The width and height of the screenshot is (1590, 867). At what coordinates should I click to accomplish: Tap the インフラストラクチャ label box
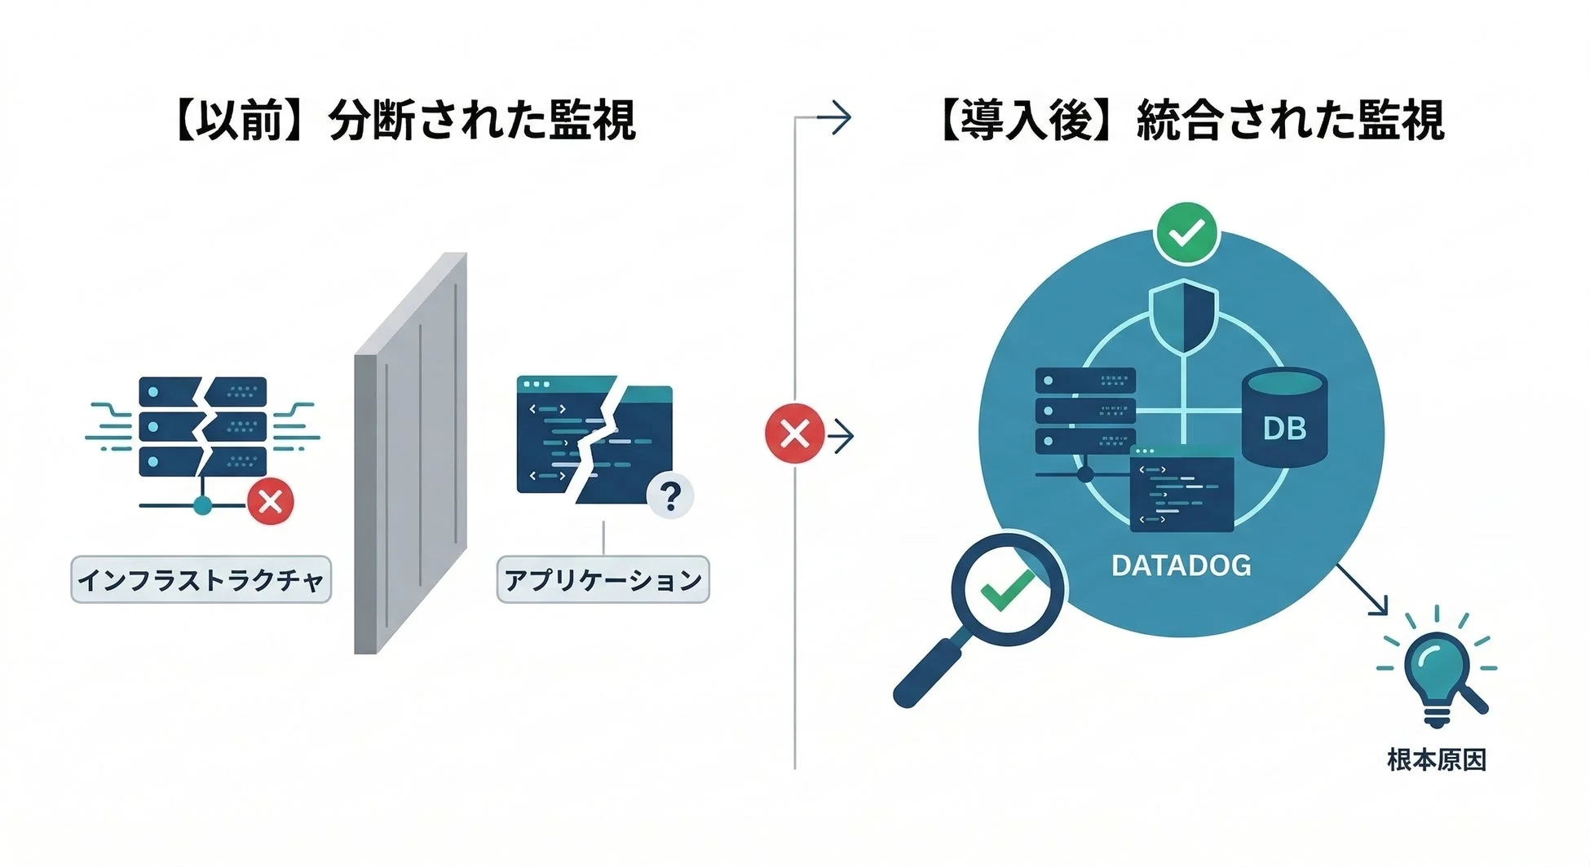tap(201, 580)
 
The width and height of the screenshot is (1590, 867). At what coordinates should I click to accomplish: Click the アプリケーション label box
tap(603, 580)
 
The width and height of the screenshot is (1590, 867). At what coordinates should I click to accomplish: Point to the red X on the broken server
tap(271, 500)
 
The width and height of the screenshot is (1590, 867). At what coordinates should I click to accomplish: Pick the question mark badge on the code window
tap(670, 495)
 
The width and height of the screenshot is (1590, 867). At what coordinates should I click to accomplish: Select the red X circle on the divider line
tap(794, 433)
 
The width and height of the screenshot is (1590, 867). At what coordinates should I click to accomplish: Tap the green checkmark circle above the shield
tap(1186, 234)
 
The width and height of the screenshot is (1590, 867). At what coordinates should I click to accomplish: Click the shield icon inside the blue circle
tap(1183, 315)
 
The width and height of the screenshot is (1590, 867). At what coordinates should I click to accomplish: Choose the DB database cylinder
tap(1284, 417)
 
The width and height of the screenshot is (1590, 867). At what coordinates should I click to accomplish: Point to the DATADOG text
tap(1181, 566)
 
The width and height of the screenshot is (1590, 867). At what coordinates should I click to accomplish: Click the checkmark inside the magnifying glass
tap(1007, 588)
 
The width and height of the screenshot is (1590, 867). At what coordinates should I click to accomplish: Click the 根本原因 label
tap(1437, 760)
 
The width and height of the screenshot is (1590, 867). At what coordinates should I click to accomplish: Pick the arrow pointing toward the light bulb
tap(1363, 591)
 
